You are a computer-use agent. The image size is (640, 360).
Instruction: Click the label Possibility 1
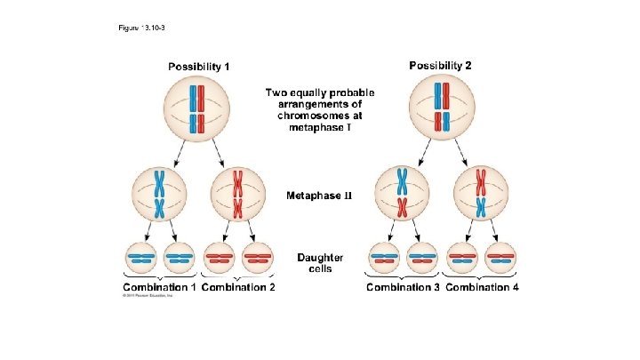[200, 67]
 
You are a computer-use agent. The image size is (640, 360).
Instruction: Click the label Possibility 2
[439, 65]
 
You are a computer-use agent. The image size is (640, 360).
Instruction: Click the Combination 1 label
[160, 287]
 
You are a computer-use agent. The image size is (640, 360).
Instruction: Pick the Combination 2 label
[239, 287]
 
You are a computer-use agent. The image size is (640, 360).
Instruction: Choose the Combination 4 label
[483, 287]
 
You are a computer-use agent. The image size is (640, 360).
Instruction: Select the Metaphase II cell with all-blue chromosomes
[160, 194]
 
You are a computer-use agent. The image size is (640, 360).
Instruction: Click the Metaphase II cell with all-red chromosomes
[238, 194]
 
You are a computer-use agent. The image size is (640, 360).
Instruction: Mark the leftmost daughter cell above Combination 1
[140, 259]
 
